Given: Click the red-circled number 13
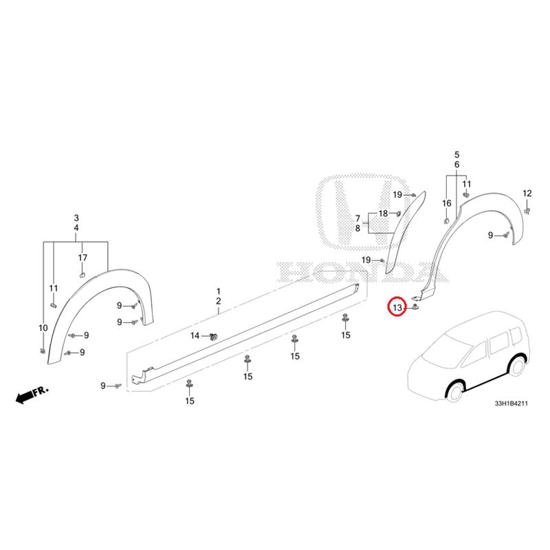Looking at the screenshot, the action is [x=397, y=307].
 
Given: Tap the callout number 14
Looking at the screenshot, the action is [x=195, y=335].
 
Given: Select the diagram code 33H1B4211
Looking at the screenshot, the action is [x=511, y=404].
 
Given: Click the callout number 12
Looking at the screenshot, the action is [x=527, y=193].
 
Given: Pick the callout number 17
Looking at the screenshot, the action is [x=82, y=258].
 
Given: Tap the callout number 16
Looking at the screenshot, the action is [x=446, y=203].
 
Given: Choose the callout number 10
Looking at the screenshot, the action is [x=43, y=328].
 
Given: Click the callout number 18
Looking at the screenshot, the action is [x=383, y=213].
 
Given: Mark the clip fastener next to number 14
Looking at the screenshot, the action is [x=212, y=337].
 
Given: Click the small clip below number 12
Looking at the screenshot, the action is [x=527, y=210].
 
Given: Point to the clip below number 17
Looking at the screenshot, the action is [x=82, y=274].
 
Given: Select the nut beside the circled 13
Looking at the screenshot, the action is [x=415, y=307].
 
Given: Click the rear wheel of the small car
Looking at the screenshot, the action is [x=516, y=366].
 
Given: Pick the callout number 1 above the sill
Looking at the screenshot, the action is [x=218, y=291].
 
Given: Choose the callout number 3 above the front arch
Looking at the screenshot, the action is [x=76, y=218].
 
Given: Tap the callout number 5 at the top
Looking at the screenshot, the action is [x=456, y=155].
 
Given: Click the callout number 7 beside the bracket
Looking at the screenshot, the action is [x=357, y=219].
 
